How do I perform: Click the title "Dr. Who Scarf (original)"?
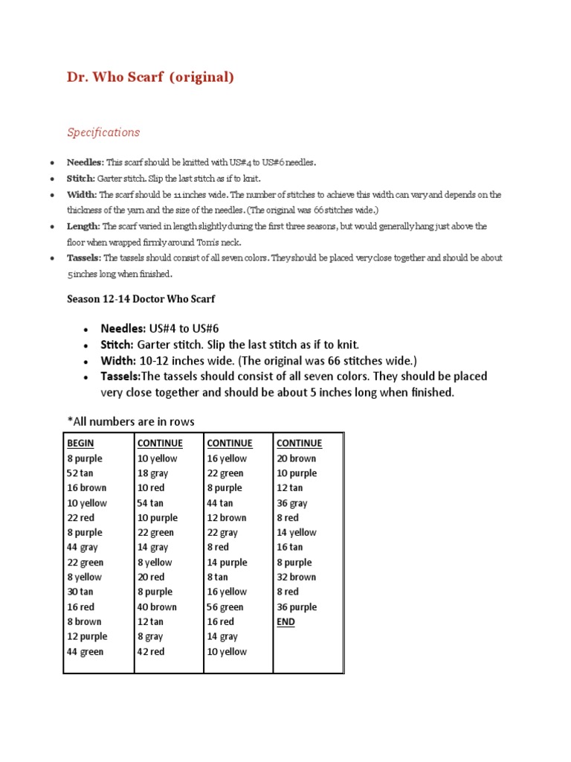150,77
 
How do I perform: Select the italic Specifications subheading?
103,132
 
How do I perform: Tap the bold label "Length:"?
83,226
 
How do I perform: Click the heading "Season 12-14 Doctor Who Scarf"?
142,298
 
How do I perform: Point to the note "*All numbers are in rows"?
130,422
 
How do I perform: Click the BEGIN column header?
80,444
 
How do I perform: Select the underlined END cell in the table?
285,622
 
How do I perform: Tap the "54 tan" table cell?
150,503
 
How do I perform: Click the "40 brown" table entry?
156,607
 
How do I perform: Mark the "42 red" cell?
151,652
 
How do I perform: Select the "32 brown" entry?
296,577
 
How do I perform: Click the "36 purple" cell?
296,607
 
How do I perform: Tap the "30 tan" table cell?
80,592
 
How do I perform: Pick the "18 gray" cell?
152,473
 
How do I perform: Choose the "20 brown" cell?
296,458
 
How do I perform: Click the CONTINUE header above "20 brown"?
299,444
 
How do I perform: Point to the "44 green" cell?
85,652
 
